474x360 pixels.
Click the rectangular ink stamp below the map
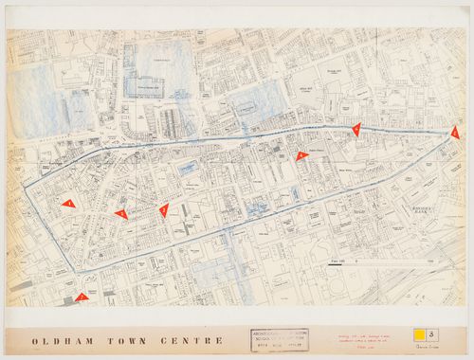tap(280, 340)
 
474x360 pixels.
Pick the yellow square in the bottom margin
tap(416, 334)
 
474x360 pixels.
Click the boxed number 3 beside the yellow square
tap(432, 334)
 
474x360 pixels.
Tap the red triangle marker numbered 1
tap(68, 203)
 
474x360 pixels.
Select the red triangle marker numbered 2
tap(163, 209)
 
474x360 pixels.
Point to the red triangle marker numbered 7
tap(82, 297)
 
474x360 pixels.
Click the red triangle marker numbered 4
tap(356, 130)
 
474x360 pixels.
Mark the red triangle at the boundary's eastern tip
tap(455, 134)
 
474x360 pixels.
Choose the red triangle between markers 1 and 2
tap(121, 214)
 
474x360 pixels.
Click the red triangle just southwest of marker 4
tap(301, 156)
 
